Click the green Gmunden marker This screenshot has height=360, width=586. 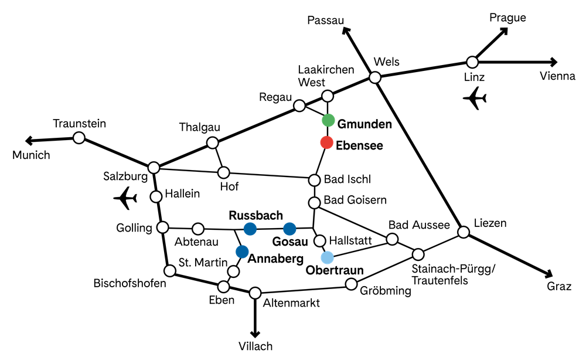click(x=328, y=120)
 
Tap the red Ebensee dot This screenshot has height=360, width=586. click(x=326, y=142)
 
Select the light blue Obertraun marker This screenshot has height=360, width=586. click(x=327, y=257)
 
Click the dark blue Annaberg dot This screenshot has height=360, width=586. click(x=242, y=252)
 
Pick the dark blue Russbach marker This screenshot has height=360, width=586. click(x=250, y=229)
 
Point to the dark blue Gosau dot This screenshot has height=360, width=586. click(x=289, y=229)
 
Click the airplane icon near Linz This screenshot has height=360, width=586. click(x=475, y=99)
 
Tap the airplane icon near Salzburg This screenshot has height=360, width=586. click(x=125, y=198)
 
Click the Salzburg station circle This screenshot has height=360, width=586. click(x=154, y=168)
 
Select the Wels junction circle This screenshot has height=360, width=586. click(x=375, y=77)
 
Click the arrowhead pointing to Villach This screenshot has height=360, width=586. click(x=255, y=334)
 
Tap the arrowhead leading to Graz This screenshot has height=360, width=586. click(x=548, y=273)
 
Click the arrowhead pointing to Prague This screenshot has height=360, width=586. click(x=504, y=31)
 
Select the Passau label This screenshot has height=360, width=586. click(x=325, y=20)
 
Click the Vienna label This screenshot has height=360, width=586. click(x=557, y=76)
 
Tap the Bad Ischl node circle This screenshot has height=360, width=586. click(x=314, y=180)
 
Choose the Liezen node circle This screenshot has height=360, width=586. click(x=464, y=232)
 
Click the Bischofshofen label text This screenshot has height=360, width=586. click(x=130, y=283)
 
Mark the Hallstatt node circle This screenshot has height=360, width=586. click(x=319, y=241)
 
